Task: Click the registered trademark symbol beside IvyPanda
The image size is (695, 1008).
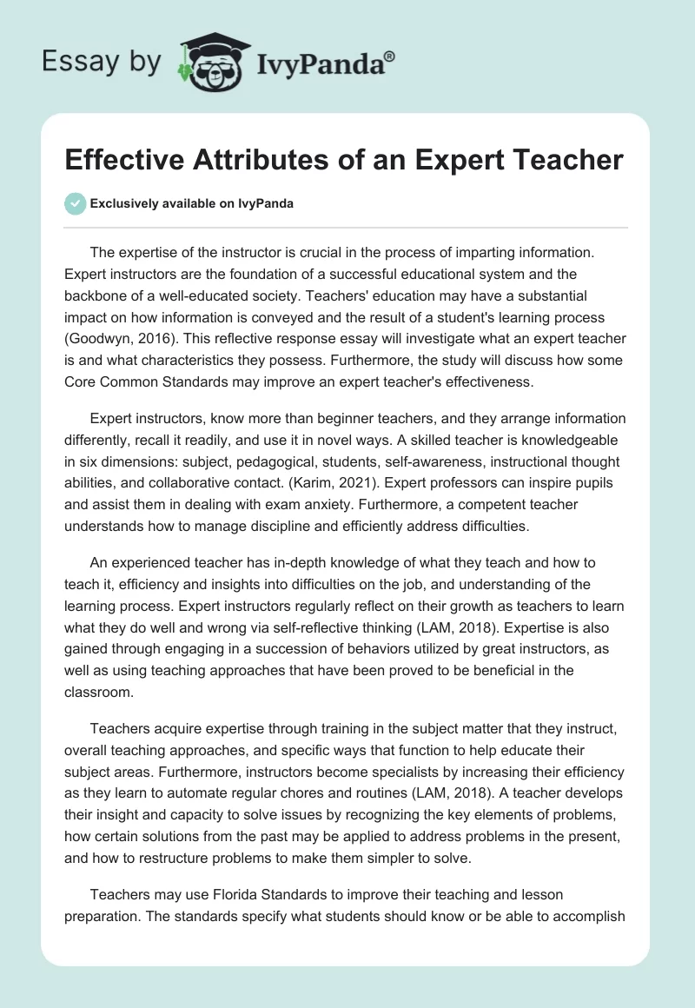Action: (x=390, y=56)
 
